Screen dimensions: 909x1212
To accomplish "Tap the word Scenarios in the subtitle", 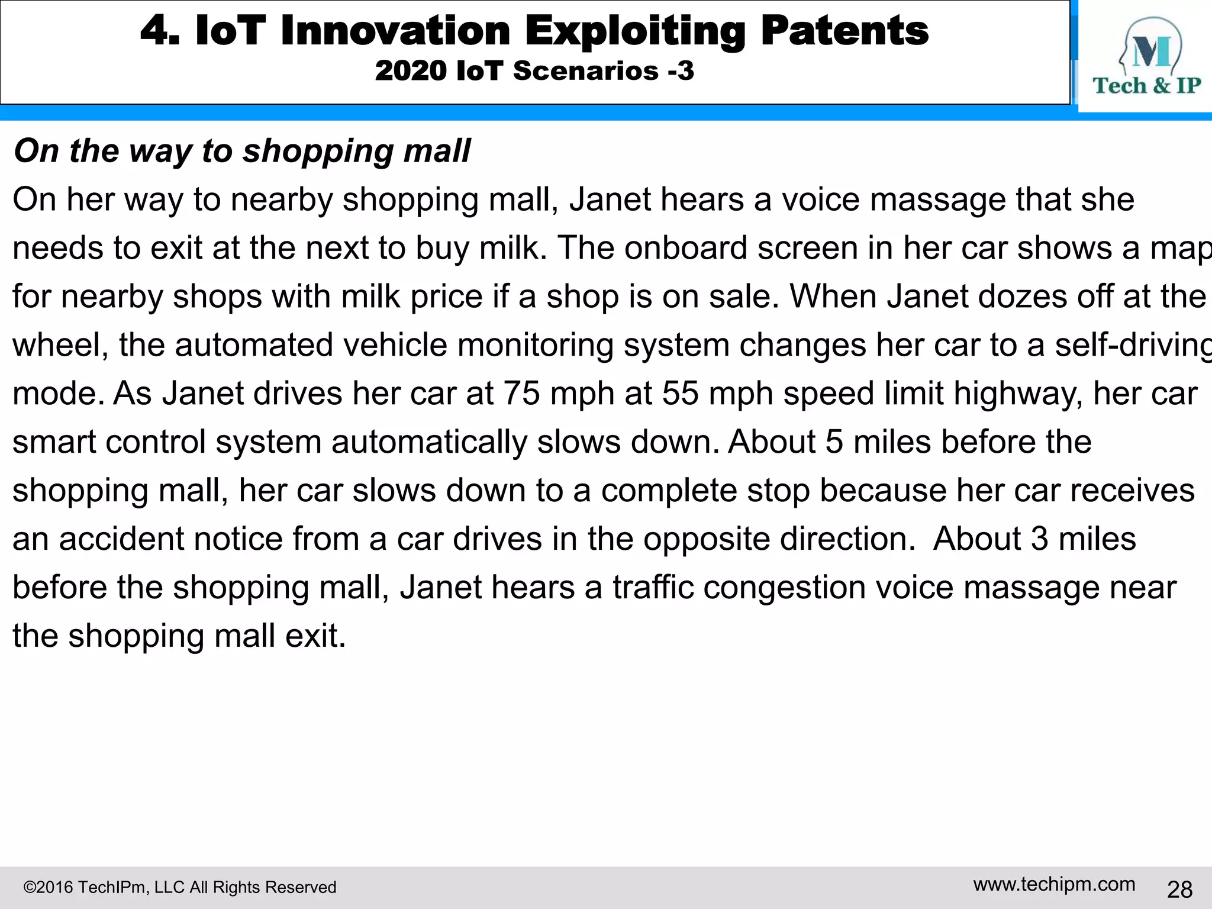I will [585, 71].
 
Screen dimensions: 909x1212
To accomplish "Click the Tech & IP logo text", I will [1146, 86].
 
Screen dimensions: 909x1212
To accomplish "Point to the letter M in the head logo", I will [1151, 52].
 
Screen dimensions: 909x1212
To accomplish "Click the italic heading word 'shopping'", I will [319, 151].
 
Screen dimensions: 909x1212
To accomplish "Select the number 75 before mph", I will [521, 394].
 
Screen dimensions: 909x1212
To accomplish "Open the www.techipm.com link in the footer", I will [1054, 884].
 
